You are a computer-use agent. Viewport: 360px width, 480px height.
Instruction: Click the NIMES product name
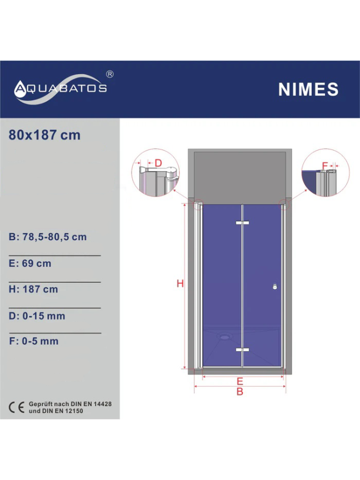point(308,89)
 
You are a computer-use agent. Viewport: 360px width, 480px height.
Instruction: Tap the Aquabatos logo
point(61,89)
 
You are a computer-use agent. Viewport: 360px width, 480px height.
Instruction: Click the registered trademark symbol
point(109,74)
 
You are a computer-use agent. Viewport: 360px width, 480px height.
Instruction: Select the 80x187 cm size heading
point(44,135)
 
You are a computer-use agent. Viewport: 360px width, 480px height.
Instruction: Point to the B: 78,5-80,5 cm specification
point(48,237)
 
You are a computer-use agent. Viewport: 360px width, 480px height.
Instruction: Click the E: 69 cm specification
point(30,263)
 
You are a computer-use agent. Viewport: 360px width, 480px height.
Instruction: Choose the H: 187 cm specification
point(33,289)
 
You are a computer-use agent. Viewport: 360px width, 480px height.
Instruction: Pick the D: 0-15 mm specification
point(37,316)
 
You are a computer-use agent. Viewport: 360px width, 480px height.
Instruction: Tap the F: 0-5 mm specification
point(34,341)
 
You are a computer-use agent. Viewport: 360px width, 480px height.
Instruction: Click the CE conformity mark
point(17,407)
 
